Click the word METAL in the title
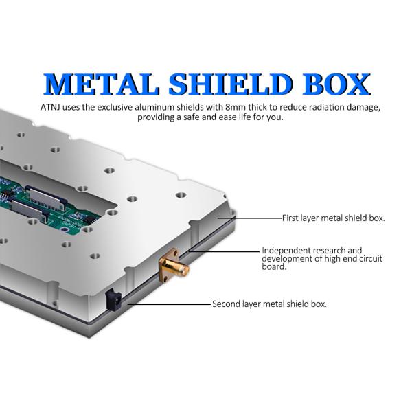coord(102,84)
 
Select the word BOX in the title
coord(336,84)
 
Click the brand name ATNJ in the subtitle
coord(50,108)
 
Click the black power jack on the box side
coord(113,299)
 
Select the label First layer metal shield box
coord(334,218)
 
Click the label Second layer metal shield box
coord(270,304)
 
